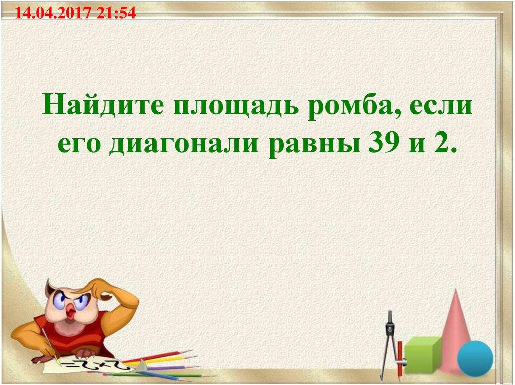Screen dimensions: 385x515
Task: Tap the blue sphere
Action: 475,357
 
